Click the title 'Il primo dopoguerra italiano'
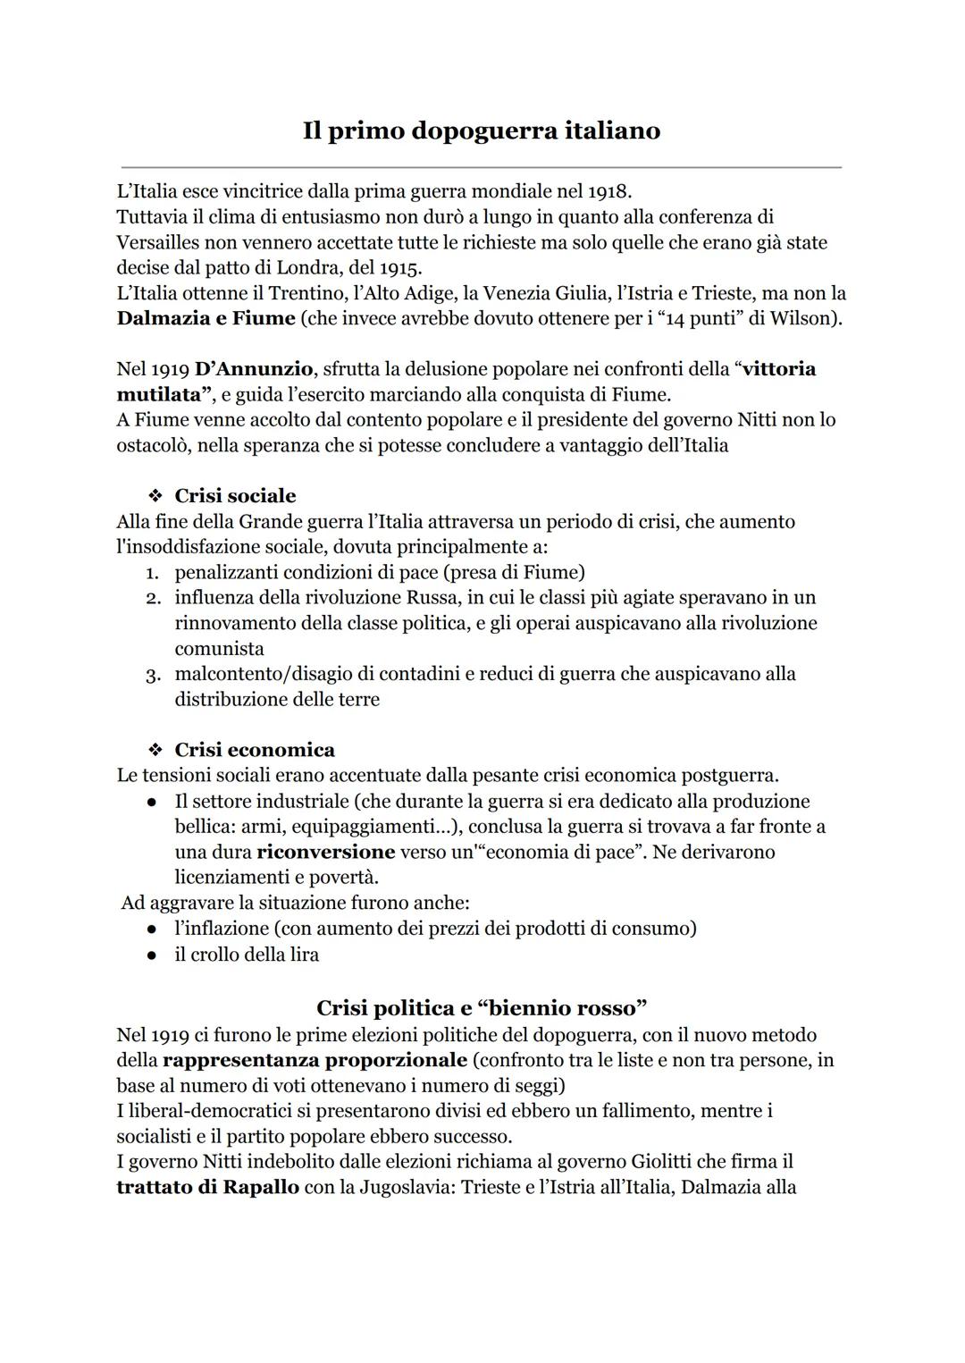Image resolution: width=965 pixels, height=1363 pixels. (x=482, y=130)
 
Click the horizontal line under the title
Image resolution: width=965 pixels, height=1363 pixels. (x=482, y=167)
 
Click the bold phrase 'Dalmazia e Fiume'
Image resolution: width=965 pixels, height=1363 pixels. (x=206, y=318)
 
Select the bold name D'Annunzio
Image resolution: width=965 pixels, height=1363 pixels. (x=253, y=369)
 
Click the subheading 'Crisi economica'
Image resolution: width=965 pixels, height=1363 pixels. (x=255, y=750)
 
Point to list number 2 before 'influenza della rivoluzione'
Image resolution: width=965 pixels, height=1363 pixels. (x=153, y=598)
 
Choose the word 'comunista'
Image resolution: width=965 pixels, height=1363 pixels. (x=219, y=649)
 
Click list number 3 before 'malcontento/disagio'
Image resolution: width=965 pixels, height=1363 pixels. (x=153, y=675)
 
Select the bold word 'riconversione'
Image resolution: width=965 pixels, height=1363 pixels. (x=325, y=852)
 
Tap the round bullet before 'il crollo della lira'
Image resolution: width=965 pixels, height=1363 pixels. (x=154, y=955)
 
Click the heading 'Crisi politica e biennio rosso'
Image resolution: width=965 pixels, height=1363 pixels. (x=482, y=1008)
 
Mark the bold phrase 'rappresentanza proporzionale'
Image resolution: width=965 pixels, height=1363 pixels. (x=315, y=1060)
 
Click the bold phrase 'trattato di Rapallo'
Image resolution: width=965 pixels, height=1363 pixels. (x=207, y=1188)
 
